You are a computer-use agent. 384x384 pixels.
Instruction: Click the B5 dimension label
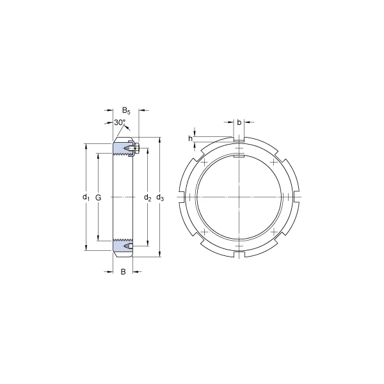click(126, 111)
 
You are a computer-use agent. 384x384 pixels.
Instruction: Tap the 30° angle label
click(120, 122)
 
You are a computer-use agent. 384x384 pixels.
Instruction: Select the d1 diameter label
click(86, 197)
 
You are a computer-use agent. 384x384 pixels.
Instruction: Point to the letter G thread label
click(98, 197)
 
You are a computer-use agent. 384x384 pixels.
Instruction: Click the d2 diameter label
click(147, 197)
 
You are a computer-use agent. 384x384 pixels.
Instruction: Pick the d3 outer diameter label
click(160, 197)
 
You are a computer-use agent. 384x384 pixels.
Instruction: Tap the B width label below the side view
click(123, 271)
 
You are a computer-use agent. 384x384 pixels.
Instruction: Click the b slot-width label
click(239, 122)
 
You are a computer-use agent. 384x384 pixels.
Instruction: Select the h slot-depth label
click(190, 139)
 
